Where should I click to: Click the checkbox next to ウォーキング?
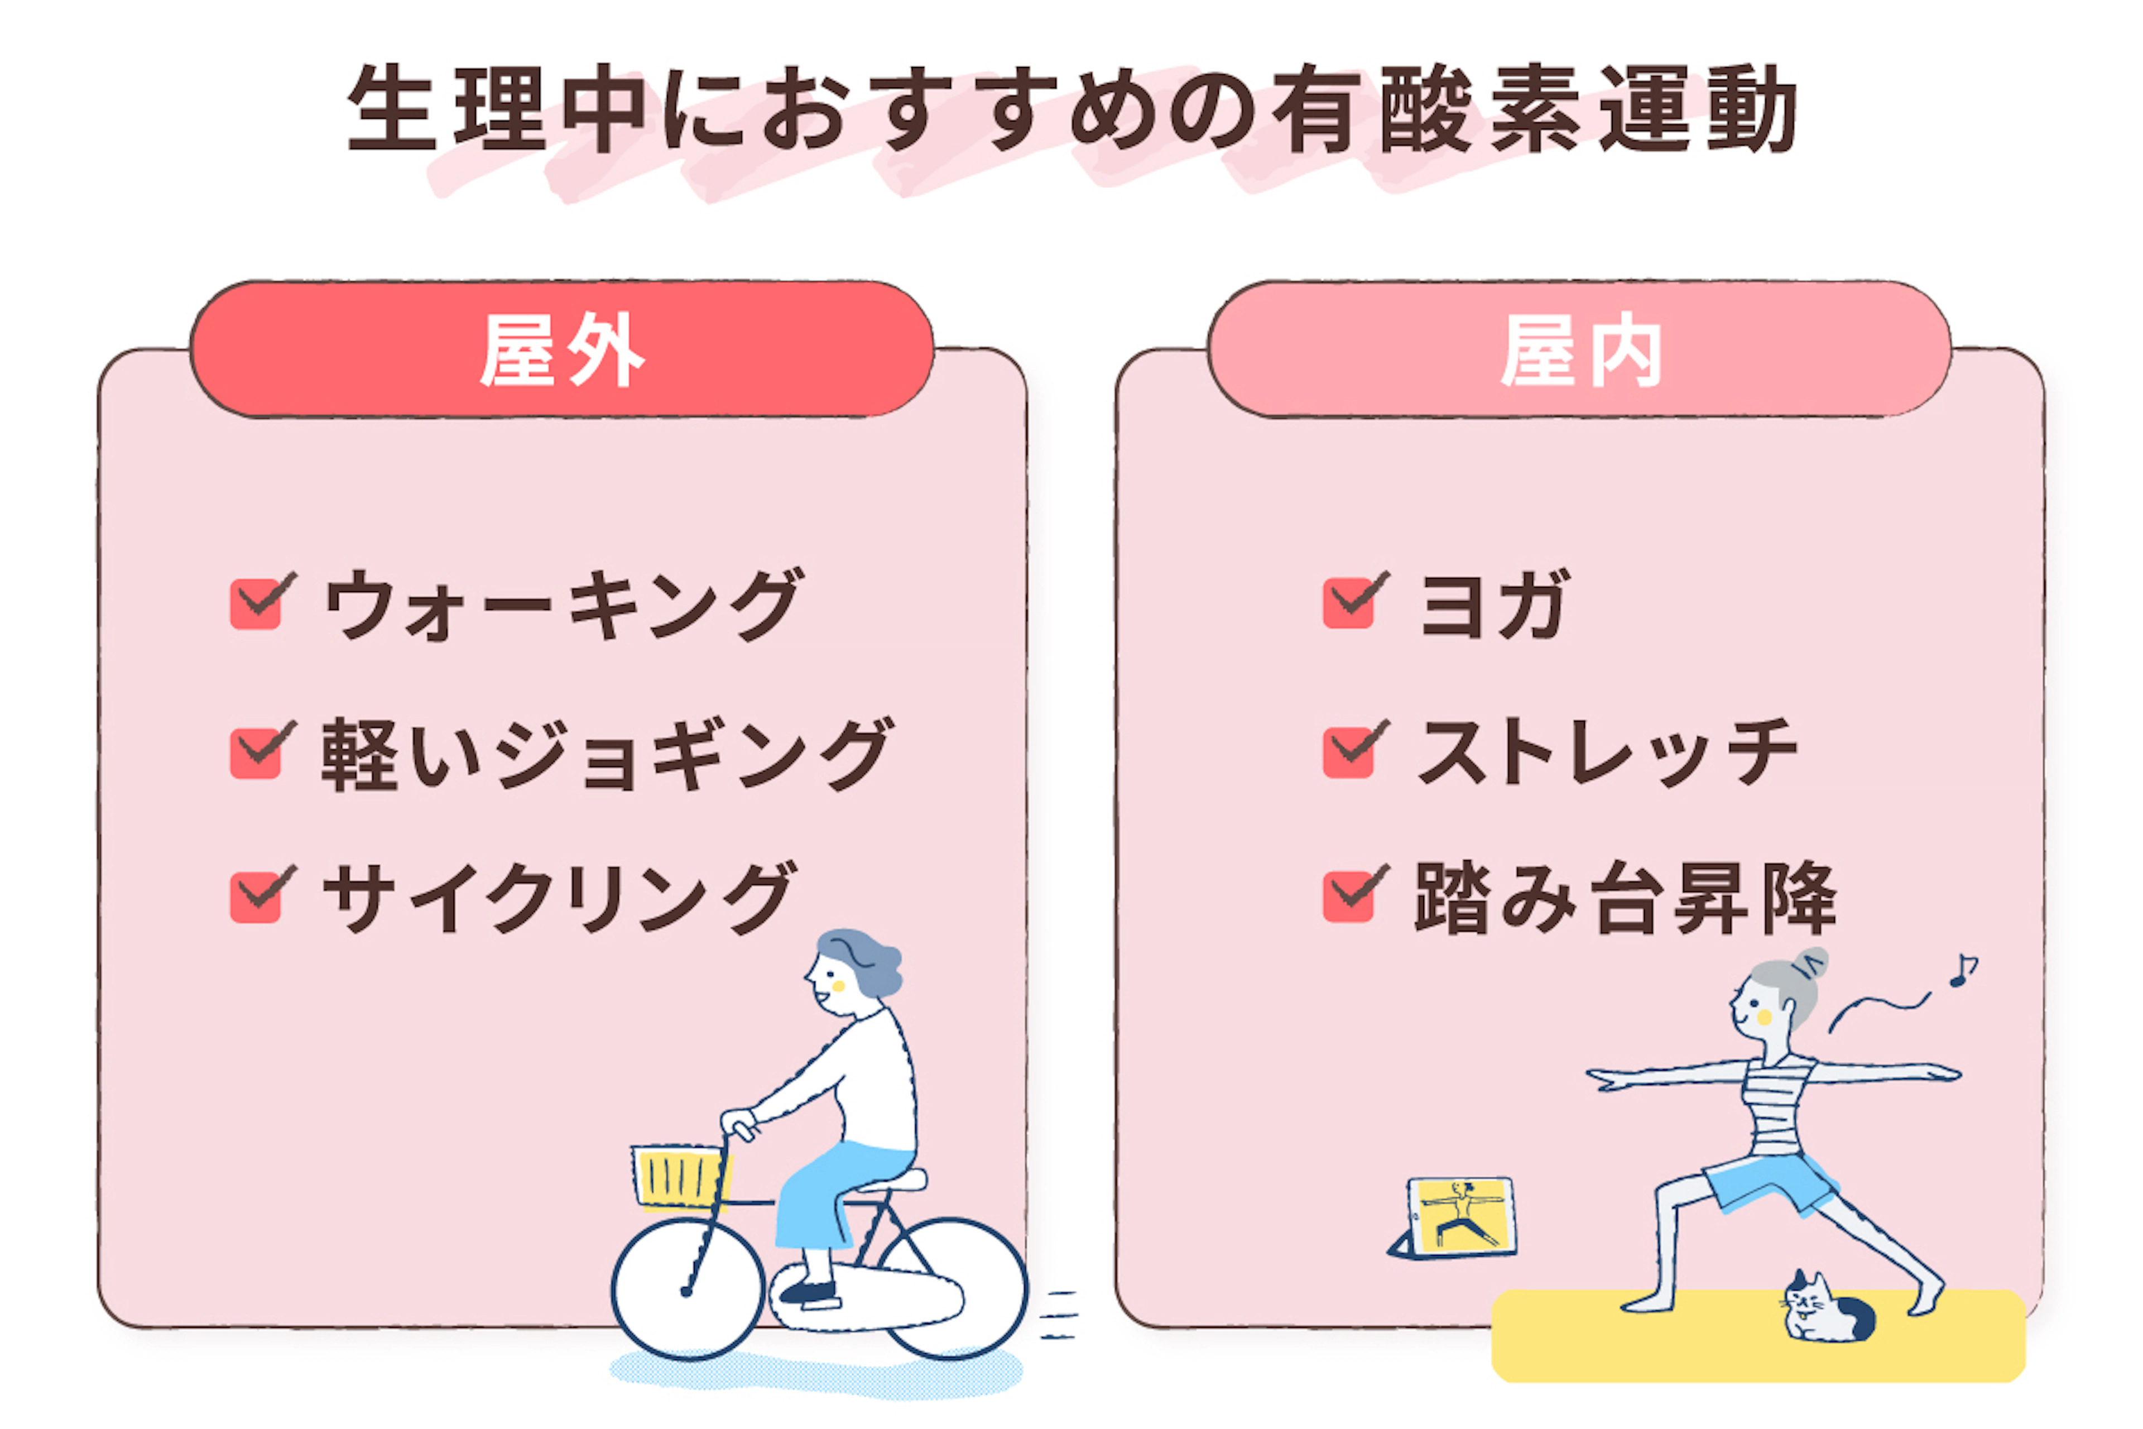[x=256, y=604]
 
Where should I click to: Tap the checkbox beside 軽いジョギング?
[x=256, y=754]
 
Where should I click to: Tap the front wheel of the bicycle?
[x=688, y=1289]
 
